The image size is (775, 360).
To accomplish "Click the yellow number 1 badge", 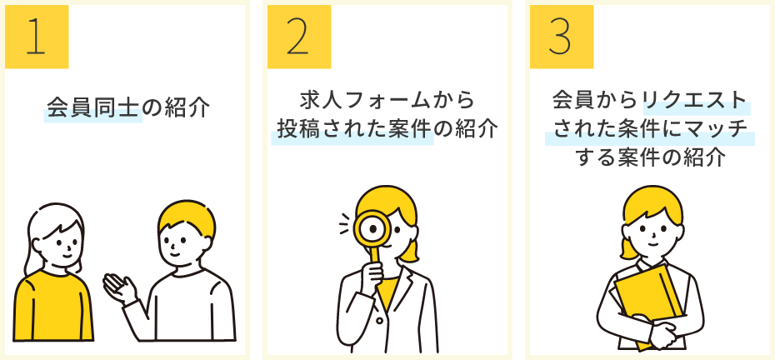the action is point(37,37).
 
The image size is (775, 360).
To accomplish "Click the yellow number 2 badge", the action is point(299,37).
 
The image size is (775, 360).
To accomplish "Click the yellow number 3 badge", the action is point(562,37).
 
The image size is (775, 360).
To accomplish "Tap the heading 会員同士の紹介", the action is point(128,107).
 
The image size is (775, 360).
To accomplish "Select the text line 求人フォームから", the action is point(387,101).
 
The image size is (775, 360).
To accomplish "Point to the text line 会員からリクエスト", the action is point(649,100).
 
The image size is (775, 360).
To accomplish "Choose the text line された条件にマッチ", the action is point(649,129).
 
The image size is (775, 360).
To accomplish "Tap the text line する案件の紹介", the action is point(649,158).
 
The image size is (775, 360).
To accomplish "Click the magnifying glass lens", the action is point(372,228).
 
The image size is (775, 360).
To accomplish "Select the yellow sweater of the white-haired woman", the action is point(52,305).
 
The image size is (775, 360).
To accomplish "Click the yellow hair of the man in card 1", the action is point(187,217).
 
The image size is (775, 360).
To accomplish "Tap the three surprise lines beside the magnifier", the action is point(345,224).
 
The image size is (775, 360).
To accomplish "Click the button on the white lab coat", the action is point(379,321).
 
